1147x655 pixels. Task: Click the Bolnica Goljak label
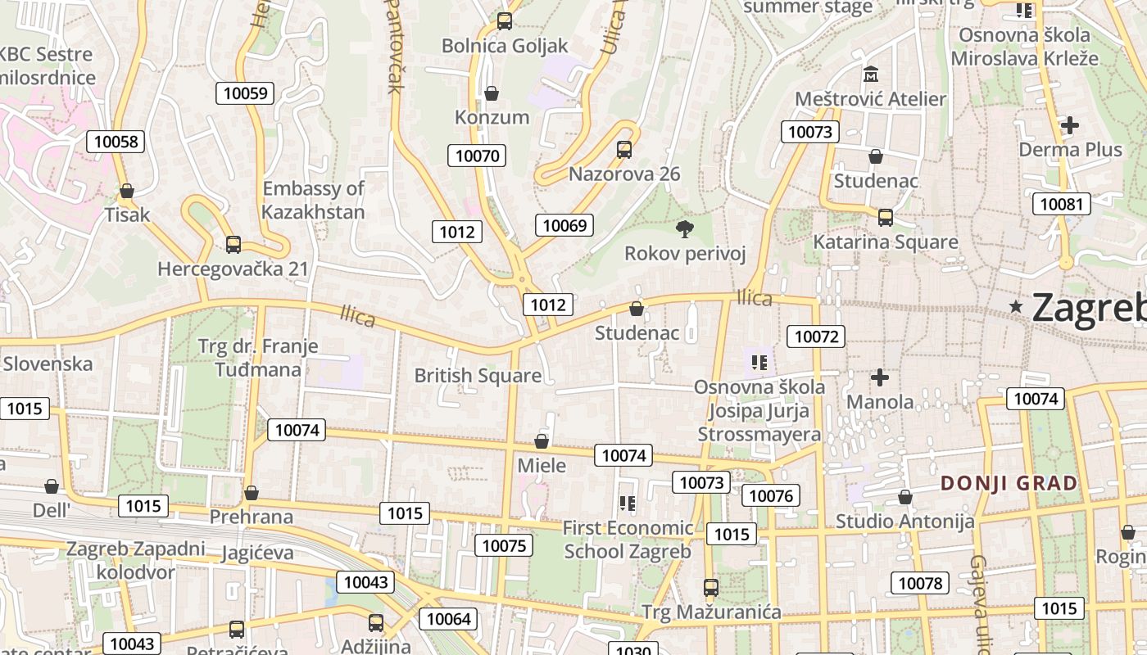505,46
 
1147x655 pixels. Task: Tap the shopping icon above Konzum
492,93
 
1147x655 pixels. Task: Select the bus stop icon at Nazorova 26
624,150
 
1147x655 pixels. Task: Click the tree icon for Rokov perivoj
684,228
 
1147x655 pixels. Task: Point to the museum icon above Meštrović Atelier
871,75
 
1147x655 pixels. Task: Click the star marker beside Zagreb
1017,306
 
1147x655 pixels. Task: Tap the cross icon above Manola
880,377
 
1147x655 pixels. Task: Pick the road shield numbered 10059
246,93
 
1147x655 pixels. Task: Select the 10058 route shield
116,142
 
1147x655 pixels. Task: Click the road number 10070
477,156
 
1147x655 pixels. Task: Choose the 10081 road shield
1061,204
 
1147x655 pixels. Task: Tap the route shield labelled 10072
816,336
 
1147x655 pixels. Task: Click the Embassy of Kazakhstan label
313,201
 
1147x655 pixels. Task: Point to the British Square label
478,376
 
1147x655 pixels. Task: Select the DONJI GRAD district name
1009,483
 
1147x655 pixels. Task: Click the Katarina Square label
885,242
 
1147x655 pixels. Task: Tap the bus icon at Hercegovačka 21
233,244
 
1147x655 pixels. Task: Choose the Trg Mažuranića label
711,612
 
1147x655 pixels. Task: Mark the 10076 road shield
771,495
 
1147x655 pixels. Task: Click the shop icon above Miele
542,442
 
